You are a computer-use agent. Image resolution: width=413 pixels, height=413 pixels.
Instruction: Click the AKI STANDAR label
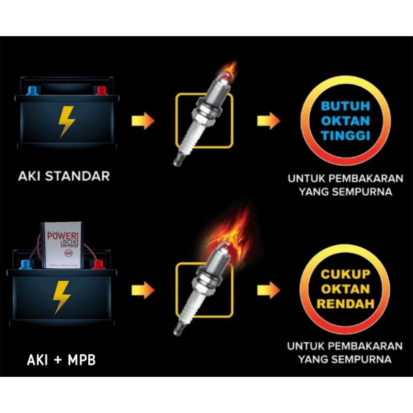point(64,176)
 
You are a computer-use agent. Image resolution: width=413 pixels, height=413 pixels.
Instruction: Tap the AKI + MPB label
point(61,360)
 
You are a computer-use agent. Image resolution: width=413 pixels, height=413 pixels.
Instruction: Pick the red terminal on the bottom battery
point(96,265)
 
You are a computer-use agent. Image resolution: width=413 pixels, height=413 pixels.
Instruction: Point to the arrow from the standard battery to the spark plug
point(143,121)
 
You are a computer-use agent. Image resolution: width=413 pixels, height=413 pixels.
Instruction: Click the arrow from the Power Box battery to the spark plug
point(143,291)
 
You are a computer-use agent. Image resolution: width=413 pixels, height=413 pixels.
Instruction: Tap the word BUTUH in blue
point(346,107)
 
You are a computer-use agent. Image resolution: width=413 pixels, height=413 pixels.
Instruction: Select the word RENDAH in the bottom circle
point(346,304)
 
